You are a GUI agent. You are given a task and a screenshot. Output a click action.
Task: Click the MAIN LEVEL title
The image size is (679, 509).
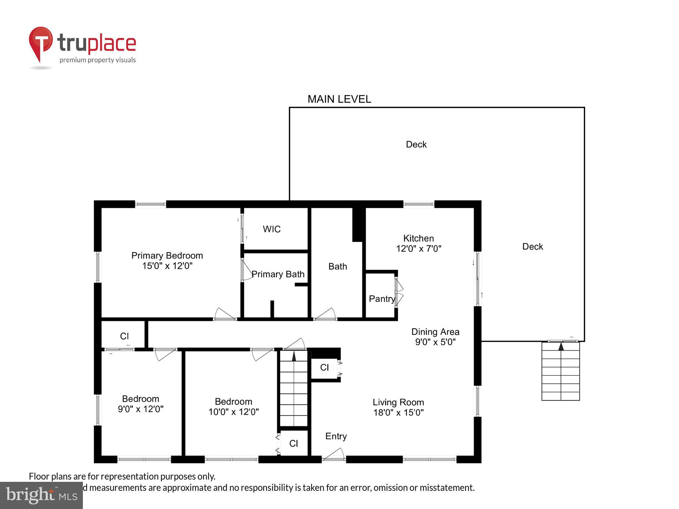pos(339,99)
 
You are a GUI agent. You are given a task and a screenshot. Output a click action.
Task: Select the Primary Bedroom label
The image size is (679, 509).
pos(167,255)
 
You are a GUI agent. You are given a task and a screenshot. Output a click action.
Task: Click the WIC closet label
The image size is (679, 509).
pos(272,229)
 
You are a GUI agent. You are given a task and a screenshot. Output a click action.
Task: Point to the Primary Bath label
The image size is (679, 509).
pos(278,274)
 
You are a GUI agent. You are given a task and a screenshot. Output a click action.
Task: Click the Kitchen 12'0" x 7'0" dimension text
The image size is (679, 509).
pos(418,249)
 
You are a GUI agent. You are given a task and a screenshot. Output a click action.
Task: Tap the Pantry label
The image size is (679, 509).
pos(382,299)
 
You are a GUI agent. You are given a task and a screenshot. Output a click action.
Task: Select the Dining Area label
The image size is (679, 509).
pos(435,332)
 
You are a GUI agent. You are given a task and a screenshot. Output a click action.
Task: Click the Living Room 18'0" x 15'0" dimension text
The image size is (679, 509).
pos(398,413)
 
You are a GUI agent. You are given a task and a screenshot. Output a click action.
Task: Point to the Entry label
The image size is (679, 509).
pos(336,436)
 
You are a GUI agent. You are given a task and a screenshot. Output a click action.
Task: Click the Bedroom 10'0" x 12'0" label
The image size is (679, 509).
pos(233,407)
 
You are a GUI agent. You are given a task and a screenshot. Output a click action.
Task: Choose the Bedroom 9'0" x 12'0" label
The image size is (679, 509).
pos(141,404)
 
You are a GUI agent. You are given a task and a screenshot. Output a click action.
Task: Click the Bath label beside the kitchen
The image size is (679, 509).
pos(338,266)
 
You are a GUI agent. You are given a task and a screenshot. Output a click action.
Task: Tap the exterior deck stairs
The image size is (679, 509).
pos(560,371)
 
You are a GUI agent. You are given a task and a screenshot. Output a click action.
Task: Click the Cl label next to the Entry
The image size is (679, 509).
pos(293,443)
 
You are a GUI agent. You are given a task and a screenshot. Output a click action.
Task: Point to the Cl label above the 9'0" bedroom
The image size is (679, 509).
pos(124,336)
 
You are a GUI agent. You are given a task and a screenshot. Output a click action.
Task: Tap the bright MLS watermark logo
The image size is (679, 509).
pos(41,495)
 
